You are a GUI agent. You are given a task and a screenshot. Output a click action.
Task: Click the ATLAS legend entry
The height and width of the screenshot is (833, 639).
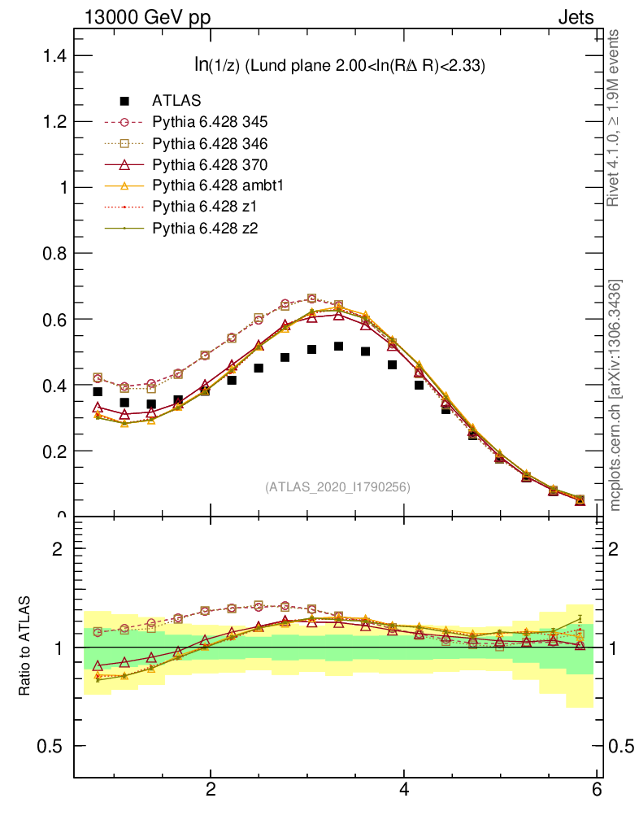tap(176, 101)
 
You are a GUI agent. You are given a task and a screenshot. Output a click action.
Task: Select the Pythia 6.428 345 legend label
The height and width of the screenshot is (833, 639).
tap(209, 122)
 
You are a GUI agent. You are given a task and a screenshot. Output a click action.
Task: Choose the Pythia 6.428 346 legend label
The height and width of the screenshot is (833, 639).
tap(209, 143)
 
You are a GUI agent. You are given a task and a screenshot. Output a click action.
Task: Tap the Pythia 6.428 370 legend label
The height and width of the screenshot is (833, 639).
tap(209, 164)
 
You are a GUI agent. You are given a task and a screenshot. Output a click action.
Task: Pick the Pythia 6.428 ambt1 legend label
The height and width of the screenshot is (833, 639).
tap(216, 185)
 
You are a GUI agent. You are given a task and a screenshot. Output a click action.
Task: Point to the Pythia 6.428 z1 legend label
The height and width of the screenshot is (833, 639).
tap(202, 207)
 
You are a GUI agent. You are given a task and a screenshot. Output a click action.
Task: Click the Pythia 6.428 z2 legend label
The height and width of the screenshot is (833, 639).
tap(202, 228)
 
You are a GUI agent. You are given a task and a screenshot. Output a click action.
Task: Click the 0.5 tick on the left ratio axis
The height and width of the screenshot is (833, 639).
tap(54, 746)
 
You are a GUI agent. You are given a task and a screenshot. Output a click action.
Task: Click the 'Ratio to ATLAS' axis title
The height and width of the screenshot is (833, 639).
tap(25, 648)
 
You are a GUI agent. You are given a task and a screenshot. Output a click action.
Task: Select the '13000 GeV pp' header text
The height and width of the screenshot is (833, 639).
tap(146, 17)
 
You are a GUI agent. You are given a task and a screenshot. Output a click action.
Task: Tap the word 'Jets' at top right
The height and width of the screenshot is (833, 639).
tap(575, 17)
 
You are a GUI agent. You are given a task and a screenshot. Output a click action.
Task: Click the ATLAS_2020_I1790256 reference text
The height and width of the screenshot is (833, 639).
tap(337, 487)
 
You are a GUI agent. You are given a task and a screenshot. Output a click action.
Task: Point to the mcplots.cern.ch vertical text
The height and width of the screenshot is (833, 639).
tap(615, 395)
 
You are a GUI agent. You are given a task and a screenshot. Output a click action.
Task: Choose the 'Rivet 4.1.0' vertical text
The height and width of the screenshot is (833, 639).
tap(615, 118)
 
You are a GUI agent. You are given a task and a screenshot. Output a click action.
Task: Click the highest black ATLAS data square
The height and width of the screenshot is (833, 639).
tap(338, 347)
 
